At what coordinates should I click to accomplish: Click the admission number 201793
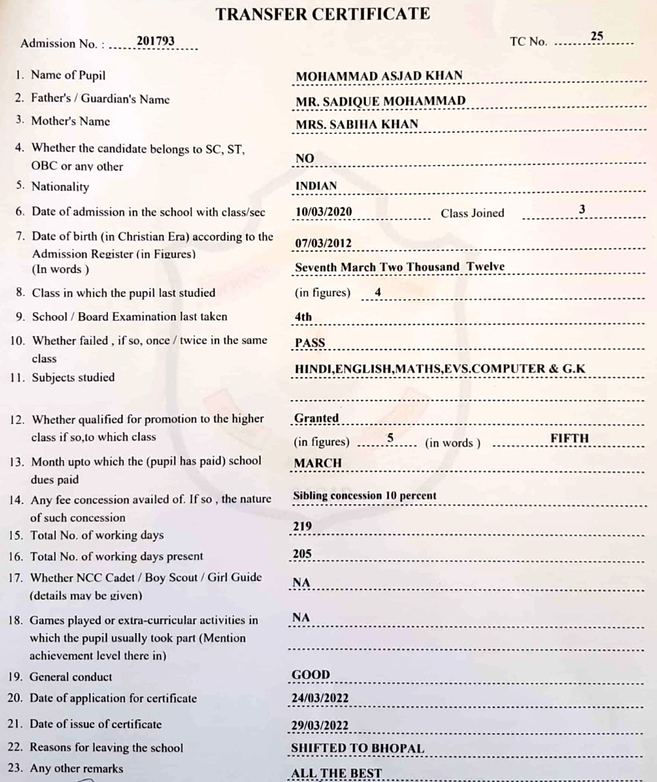pos(155,41)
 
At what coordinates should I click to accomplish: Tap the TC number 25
pos(597,36)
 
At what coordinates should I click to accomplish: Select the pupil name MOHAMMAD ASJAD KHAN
pos(379,75)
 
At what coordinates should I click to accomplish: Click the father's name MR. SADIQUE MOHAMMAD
pos(381,101)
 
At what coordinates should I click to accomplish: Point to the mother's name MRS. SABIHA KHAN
pos(357,124)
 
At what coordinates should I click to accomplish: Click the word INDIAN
pos(316,186)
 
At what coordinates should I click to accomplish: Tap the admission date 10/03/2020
pos(324,212)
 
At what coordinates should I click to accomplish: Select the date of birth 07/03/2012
pos(323,243)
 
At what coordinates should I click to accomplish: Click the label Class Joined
pos(472,213)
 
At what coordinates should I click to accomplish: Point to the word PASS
pos(310,343)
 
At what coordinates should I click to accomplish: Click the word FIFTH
pos(569,438)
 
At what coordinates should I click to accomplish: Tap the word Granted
pos(316,418)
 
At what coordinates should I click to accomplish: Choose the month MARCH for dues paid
pos(318,463)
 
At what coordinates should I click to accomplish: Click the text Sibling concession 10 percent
pos(364,496)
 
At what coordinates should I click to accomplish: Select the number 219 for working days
pos(302,526)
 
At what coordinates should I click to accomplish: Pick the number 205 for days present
pos(302,554)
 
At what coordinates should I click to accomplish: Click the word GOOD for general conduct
pos(311,674)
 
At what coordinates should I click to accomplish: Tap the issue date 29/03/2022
pos(320,726)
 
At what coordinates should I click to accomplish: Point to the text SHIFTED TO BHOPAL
pos(357,748)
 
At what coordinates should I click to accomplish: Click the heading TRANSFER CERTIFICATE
pos(323,14)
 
